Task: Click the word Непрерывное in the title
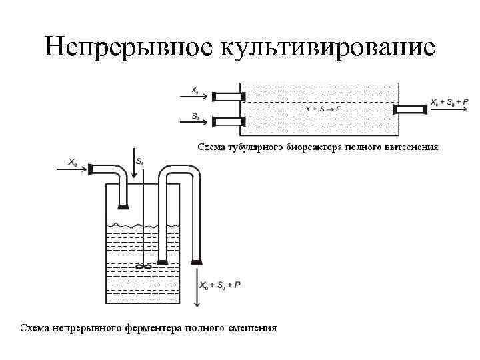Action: pos(125,47)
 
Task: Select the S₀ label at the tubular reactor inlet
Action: pos(195,115)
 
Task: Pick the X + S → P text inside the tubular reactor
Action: pos(323,108)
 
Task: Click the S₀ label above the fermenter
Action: pos(139,161)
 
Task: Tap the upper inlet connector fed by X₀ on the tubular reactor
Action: pos(227,97)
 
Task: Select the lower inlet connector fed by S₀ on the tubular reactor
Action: pos(227,121)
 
